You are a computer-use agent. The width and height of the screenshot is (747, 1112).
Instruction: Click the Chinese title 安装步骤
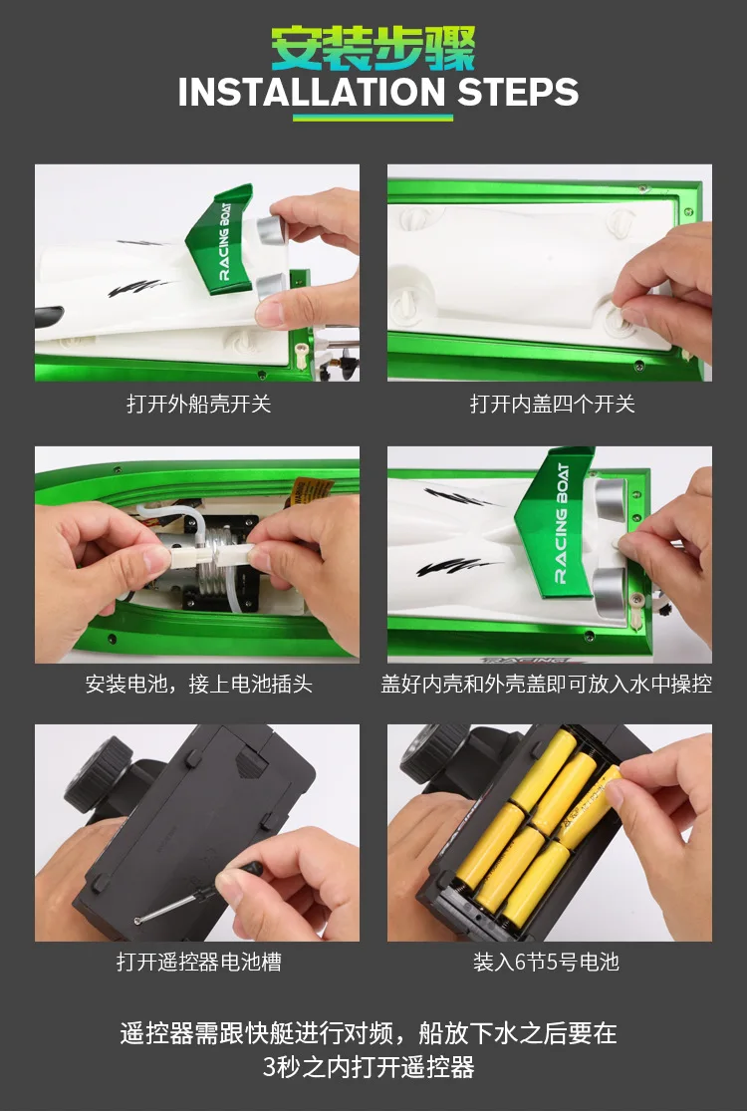(x=373, y=47)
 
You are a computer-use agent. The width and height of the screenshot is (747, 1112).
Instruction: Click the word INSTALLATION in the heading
(x=312, y=93)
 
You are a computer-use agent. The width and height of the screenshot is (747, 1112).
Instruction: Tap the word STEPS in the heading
(x=518, y=93)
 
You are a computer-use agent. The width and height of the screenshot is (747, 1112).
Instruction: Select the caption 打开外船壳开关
(x=198, y=405)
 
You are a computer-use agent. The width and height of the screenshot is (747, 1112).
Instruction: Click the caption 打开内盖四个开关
(x=552, y=405)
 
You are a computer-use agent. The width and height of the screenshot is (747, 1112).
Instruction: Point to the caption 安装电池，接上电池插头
(x=198, y=685)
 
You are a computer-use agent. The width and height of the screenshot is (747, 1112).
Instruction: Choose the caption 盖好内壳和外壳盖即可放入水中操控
(x=547, y=685)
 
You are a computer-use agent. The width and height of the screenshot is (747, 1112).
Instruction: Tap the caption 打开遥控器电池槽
(x=198, y=963)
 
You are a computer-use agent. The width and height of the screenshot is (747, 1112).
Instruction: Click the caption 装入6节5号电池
(x=547, y=963)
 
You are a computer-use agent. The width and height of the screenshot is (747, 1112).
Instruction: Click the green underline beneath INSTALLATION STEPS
(x=373, y=117)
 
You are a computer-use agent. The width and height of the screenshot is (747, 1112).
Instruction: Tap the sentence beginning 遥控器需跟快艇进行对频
(x=369, y=1049)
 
